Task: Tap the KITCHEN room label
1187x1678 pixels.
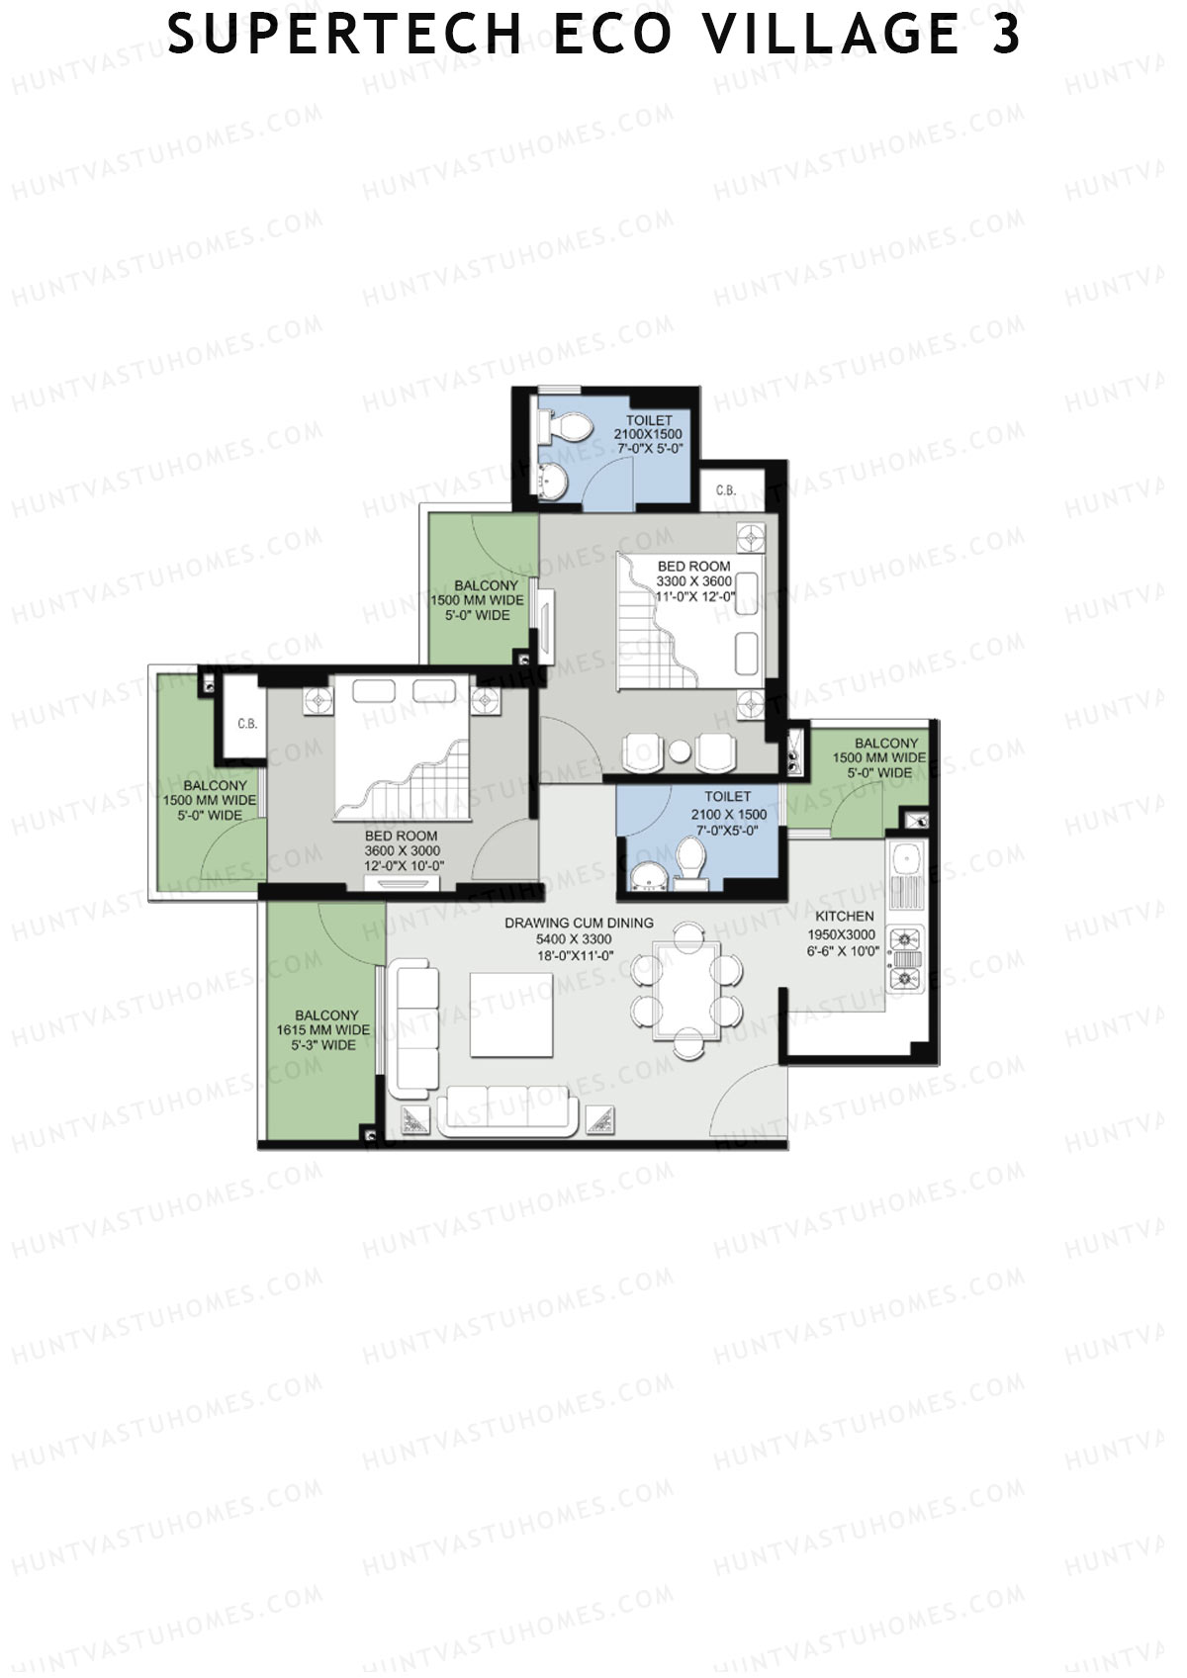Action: pos(845,916)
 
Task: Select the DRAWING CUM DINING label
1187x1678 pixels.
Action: pos(579,923)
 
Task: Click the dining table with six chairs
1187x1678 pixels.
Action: pos(686,991)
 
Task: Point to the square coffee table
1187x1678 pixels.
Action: pos(511,1015)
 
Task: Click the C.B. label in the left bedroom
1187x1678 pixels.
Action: pos(247,724)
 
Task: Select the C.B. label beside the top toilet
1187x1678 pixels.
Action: pos(725,490)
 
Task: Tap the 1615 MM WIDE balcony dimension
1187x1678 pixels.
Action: pos(323,1030)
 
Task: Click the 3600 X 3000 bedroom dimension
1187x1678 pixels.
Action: pos(403,850)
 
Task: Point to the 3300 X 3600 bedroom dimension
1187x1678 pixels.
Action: pos(694,581)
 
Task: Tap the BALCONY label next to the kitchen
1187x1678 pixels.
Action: pos(886,744)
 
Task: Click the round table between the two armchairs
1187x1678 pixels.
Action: pos(680,751)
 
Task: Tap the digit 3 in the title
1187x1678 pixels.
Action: pos(1006,33)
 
